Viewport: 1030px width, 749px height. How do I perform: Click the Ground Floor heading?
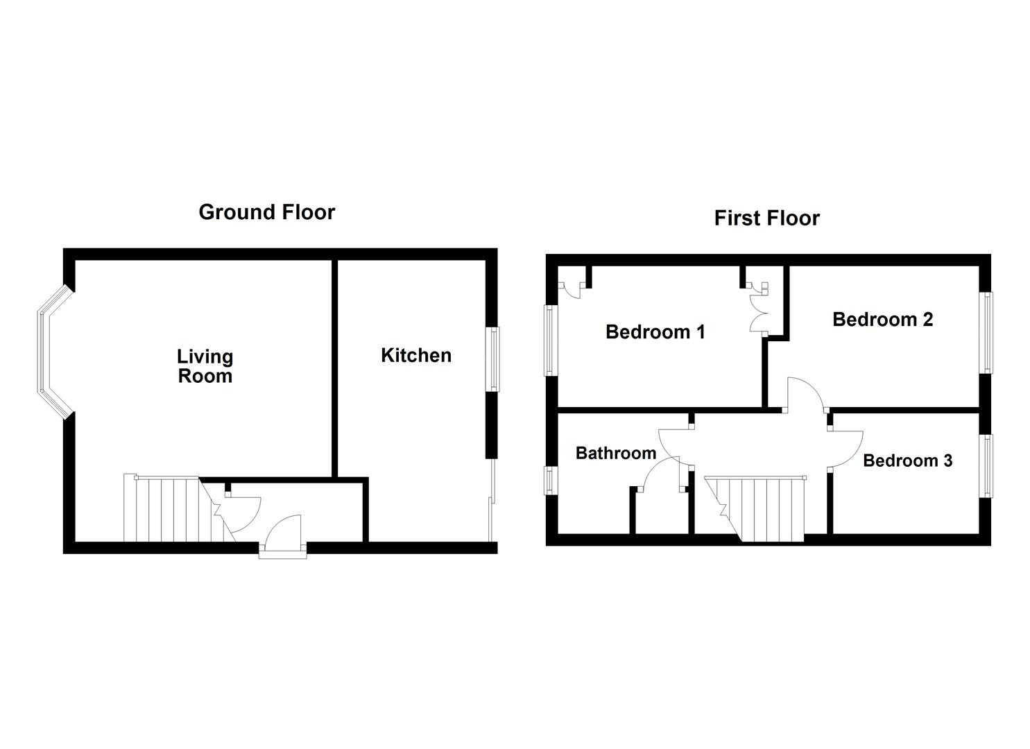click(x=266, y=212)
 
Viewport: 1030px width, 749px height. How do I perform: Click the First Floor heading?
click(x=766, y=218)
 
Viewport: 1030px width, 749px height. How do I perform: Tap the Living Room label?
click(x=205, y=366)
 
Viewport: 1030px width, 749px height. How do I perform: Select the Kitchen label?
click(x=416, y=355)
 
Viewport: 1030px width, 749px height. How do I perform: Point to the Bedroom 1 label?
click(x=655, y=332)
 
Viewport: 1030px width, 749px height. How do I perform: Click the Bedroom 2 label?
click(x=882, y=319)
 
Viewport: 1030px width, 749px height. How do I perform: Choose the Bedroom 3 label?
click(x=907, y=460)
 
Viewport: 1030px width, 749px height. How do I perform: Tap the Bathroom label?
click(x=616, y=453)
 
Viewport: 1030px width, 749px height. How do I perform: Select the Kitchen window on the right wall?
click(x=493, y=359)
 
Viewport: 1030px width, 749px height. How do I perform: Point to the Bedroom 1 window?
click(x=551, y=341)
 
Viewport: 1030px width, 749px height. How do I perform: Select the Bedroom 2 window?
click(x=986, y=333)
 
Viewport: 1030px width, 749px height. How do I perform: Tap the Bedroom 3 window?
click(x=986, y=465)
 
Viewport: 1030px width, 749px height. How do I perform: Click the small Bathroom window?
click(x=551, y=480)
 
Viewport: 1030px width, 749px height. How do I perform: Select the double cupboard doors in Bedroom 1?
click(x=758, y=309)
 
